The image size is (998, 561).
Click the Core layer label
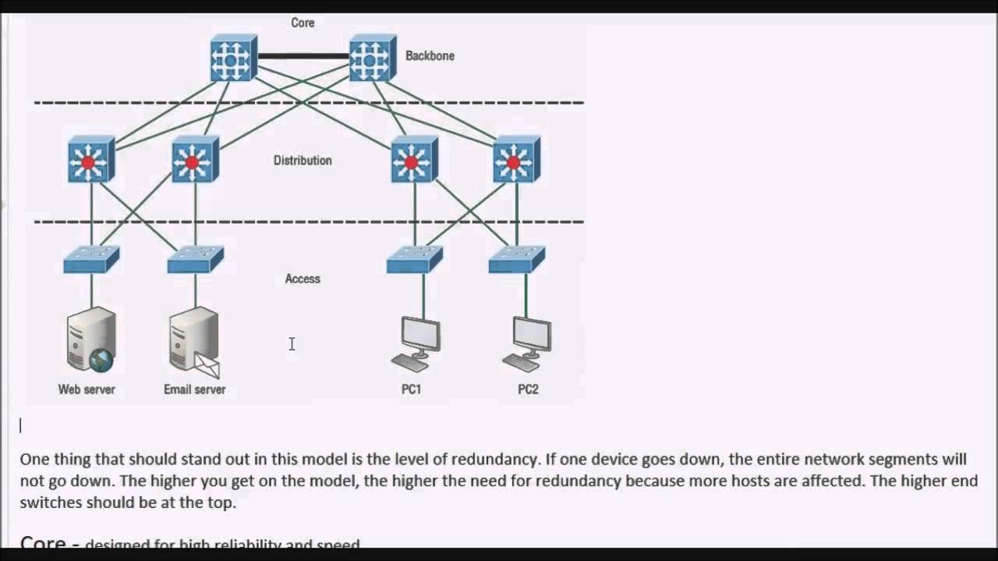pyautogui.click(x=303, y=23)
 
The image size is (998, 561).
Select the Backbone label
pyautogui.click(x=430, y=56)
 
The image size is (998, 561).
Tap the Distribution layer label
pyautogui.click(x=303, y=161)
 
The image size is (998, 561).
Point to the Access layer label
pyautogui.click(x=303, y=279)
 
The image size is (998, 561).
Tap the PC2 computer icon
pyautogui.click(x=528, y=343)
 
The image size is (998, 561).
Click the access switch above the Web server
pyautogui.click(x=91, y=259)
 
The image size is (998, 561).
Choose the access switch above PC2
pyautogui.click(x=516, y=259)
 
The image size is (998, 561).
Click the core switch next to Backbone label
pyautogui.click(x=372, y=58)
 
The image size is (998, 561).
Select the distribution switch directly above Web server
pyautogui.click(x=90, y=160)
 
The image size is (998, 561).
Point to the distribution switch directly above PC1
pyautogui.click(x=413, y=160)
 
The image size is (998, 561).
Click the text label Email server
pyautogui.click(x=194, y=390)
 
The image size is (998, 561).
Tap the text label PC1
pyautogui.click(x=411, y=390)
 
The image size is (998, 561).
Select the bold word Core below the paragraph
pyautogui.click(x=43, y=543)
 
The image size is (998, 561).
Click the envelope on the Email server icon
pyautogui.click(x=207, y=365)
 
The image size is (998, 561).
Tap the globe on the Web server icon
pyautogui.click(x=101, y=361)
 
